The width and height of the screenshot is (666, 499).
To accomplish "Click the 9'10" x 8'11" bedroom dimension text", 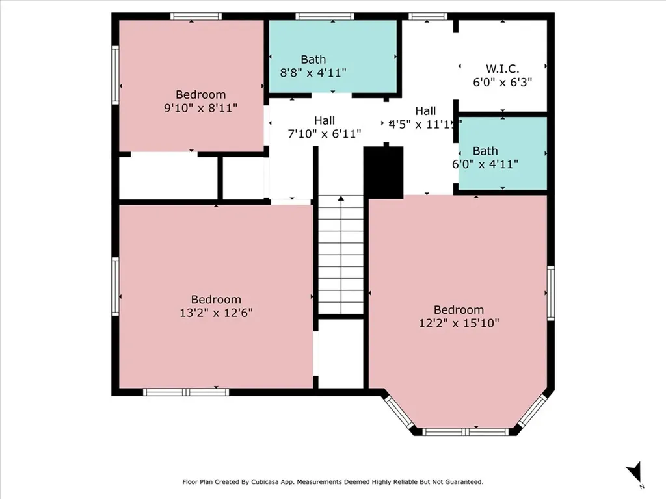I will (x=200, y=108).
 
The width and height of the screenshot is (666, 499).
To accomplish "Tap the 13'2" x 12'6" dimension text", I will (x=216, y=313).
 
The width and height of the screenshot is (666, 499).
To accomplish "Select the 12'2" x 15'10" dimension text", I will (x=459, y=323).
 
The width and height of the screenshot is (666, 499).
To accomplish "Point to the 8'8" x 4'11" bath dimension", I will (x=313, y=73).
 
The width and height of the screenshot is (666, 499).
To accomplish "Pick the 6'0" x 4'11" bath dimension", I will (x=485, y=164).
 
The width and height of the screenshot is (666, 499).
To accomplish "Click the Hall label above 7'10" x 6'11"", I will (x=325, y=120).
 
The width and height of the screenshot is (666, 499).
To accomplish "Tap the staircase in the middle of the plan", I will (x=340, y=255).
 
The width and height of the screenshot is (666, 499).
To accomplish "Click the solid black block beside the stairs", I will (x=384, y=172).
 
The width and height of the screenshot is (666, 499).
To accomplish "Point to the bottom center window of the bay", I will (x=466, y=431).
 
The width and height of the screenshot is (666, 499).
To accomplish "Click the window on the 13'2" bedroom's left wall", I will (x=115, y=287).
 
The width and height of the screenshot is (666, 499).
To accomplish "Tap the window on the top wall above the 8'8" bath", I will (x=324, y=16).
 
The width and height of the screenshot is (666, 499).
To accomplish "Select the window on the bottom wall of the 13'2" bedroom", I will (x=186, y=392).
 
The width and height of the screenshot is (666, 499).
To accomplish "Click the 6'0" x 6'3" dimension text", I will (x=502, y=83).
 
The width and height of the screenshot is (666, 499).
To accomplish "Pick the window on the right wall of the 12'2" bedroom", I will (x=550, y=294).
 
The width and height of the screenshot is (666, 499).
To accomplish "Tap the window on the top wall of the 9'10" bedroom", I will (x=196, y=16).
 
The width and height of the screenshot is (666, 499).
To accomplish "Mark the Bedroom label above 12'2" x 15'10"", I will (x=459, y=310).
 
